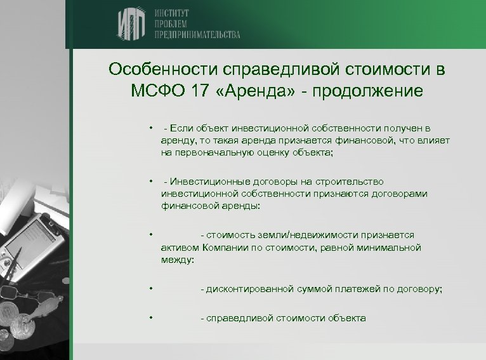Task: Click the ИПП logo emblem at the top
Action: pyautogui.click(x=131, y=25)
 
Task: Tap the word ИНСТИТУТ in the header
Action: pyautogui.click(x=173, y=13)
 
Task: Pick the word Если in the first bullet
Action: pyautogui.click(x=181, y=130)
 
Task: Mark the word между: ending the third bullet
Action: pyautogui.click(x=178, y=260)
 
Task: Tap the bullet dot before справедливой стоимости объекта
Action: pyautogui.click(x=152, y=317)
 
